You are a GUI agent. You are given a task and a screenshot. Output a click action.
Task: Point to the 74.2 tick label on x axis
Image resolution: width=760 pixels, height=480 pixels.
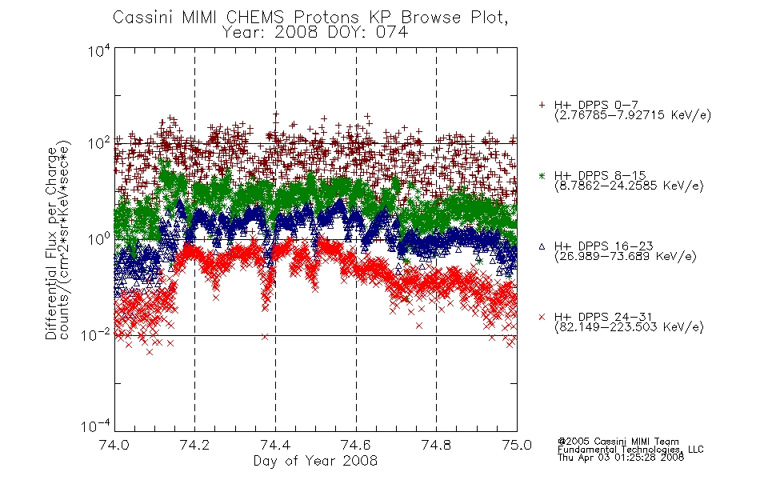click(x=195, y=445)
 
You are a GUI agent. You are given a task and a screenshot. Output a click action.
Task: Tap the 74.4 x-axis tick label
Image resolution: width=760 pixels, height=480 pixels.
click(x=275, y=445)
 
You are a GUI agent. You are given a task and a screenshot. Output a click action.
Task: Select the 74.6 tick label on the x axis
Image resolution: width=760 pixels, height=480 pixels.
click(x=356, y=445)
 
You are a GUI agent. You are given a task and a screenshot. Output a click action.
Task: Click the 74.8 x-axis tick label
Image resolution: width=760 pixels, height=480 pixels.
click(x=436, y=445)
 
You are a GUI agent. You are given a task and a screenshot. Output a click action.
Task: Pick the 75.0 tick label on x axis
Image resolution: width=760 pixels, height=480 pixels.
click(x=517, y=445)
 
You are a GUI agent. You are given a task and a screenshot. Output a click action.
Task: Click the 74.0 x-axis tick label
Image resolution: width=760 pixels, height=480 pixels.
click(x=114, y=445)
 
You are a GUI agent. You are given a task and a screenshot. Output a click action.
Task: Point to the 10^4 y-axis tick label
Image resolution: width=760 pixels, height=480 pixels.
click(x=98, y=50)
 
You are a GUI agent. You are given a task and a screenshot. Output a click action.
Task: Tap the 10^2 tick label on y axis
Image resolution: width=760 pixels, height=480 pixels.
click(x=98, y=144)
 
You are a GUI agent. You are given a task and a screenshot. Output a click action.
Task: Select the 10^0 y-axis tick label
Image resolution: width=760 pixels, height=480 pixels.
click(x=98, y=239)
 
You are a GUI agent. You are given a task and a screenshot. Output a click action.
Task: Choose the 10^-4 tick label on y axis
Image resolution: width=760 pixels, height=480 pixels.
click(x=95, y=426)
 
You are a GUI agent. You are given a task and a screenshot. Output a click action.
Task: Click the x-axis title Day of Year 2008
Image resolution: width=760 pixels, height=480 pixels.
click(x=315, y=461)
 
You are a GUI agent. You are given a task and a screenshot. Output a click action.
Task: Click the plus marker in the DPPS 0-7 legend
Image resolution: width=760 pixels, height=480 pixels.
click(x=542, y=105)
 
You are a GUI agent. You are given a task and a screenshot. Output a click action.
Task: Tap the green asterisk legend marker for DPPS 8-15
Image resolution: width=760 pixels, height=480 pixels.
click(x=542, y=175)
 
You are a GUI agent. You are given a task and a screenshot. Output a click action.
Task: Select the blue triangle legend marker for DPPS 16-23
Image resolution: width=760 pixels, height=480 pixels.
click(x=542, y=246)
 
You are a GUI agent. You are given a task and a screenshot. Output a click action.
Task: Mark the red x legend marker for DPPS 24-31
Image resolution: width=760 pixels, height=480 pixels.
click(x=542, y=317)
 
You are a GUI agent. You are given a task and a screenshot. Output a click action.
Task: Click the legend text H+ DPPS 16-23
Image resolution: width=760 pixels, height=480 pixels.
click(x=604, y=246)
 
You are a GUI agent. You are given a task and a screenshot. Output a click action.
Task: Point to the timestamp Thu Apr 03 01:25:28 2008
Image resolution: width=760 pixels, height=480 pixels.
click(x=621, y=458)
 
